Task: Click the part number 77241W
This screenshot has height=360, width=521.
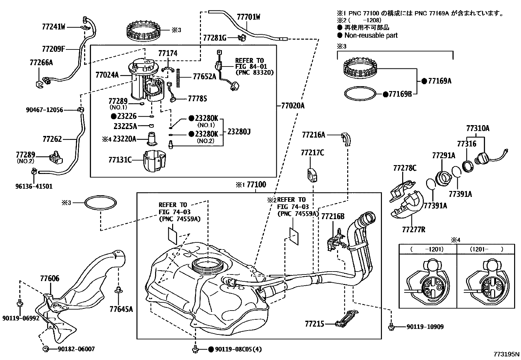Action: click(x=54, y=27)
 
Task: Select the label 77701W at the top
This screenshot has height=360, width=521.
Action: click(x=248, y=17)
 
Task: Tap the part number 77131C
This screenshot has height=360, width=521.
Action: click(x=120, y=160)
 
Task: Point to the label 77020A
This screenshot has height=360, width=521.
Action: click(x=293, y=105)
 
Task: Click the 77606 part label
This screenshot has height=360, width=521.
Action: click(x=50, y=279)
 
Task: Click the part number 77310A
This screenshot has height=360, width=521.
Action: click(x=478, y=128)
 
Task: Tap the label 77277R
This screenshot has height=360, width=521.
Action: click(x=414, y=230)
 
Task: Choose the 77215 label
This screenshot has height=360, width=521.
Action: click(x=314, y=324)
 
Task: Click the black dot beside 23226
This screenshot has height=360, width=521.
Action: click(x=114, y=116)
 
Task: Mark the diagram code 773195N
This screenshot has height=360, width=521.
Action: click(x=507, y=354)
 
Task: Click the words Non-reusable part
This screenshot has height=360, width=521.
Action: click(x=371, y=35)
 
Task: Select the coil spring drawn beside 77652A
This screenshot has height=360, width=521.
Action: click(x=178, y=78)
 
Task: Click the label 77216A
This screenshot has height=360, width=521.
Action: click(x=314, y=135)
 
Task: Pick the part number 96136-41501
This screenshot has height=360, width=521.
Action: click(x=34, y=186)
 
